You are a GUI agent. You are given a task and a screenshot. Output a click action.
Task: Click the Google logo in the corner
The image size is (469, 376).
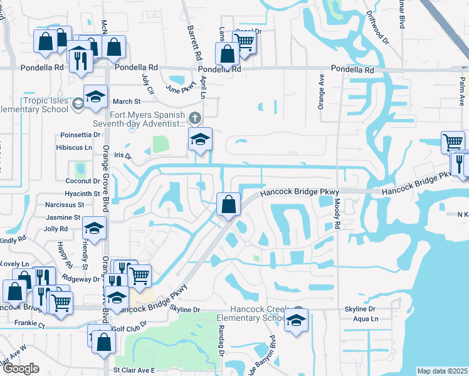coord(20,369)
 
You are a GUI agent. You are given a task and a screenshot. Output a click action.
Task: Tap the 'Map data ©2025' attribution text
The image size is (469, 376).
coord(442,371)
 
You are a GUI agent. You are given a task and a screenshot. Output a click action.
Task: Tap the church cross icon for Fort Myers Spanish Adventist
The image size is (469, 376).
coord(195,117)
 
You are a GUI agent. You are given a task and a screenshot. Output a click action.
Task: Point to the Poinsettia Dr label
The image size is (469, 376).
coord(80,135)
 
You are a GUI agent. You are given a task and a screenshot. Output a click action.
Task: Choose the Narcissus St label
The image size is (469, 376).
coord(65,205)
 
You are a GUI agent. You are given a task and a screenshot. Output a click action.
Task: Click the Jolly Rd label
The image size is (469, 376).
coord(56,229)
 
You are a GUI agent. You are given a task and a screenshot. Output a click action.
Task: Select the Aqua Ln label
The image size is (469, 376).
coord(366,319)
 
